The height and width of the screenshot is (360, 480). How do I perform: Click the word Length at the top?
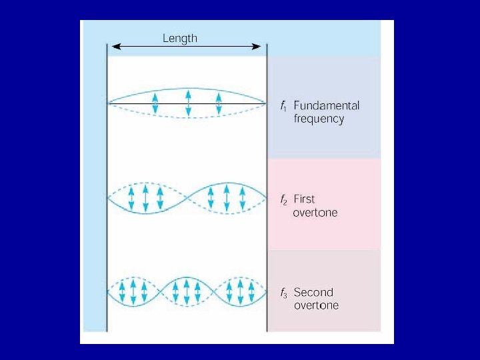180,38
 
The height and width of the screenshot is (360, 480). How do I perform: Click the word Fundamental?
326,105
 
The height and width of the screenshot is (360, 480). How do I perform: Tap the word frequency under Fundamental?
319,119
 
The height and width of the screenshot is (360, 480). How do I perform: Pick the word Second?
313,292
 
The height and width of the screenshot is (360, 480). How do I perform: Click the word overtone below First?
315,213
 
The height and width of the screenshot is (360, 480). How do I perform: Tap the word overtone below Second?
316,306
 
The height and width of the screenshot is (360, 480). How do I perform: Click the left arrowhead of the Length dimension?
113,46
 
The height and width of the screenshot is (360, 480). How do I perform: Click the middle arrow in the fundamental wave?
188,103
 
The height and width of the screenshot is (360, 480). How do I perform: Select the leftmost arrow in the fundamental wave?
155,103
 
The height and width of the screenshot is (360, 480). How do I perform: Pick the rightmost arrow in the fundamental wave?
219,103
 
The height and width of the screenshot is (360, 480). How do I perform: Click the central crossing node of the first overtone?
187,198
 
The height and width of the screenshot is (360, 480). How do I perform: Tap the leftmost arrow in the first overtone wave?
131,198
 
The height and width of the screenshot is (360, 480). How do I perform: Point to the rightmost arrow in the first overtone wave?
242,198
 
